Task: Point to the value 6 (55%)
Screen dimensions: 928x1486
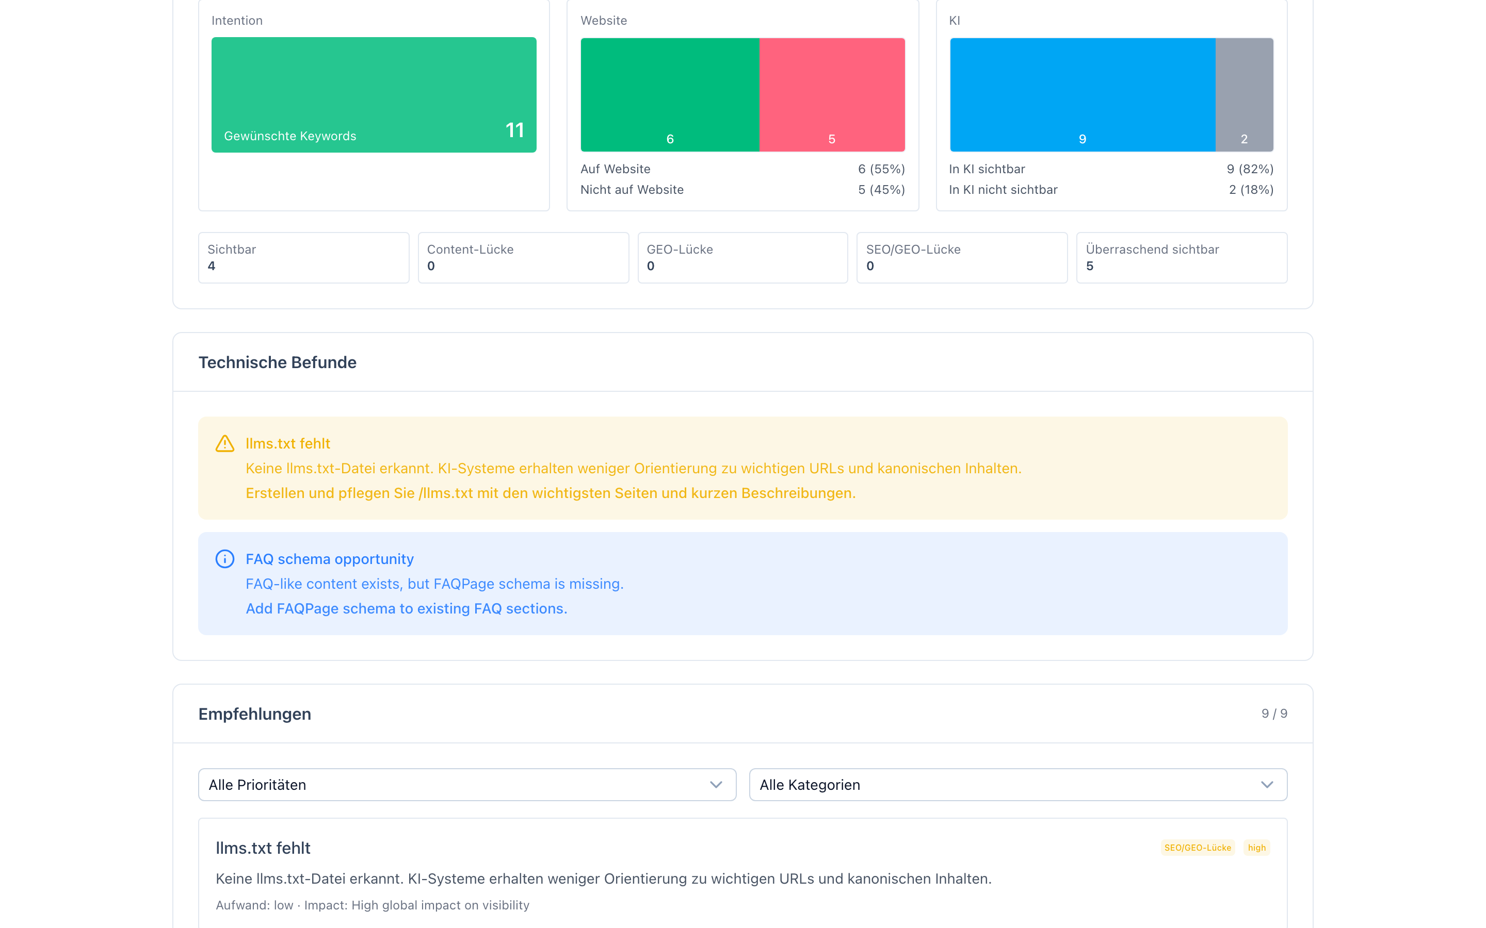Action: coord(881,169)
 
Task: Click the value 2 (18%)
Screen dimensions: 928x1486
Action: coord(1251,190)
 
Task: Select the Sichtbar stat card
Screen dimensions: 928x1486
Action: coord(303,258)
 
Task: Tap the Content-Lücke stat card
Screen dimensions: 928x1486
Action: coord(523,258)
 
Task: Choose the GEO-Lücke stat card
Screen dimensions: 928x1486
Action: coord(742,258)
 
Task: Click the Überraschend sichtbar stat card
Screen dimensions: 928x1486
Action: coord(1182,258)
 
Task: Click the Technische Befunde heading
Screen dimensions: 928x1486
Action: coord(278,363)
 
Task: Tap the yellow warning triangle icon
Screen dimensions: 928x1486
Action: coord(225,444)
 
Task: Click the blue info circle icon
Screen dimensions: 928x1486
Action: coord(225,559)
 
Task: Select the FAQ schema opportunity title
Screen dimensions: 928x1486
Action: coord(330,559)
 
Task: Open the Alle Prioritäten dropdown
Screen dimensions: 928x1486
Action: coord(466,785)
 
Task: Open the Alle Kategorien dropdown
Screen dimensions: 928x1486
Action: coord(1017,785)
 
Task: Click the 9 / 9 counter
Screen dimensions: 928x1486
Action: coord(1274,714)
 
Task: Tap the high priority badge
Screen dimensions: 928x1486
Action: coord(1256,848)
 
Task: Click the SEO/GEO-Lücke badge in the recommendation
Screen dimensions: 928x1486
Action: coord(1198,848)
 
